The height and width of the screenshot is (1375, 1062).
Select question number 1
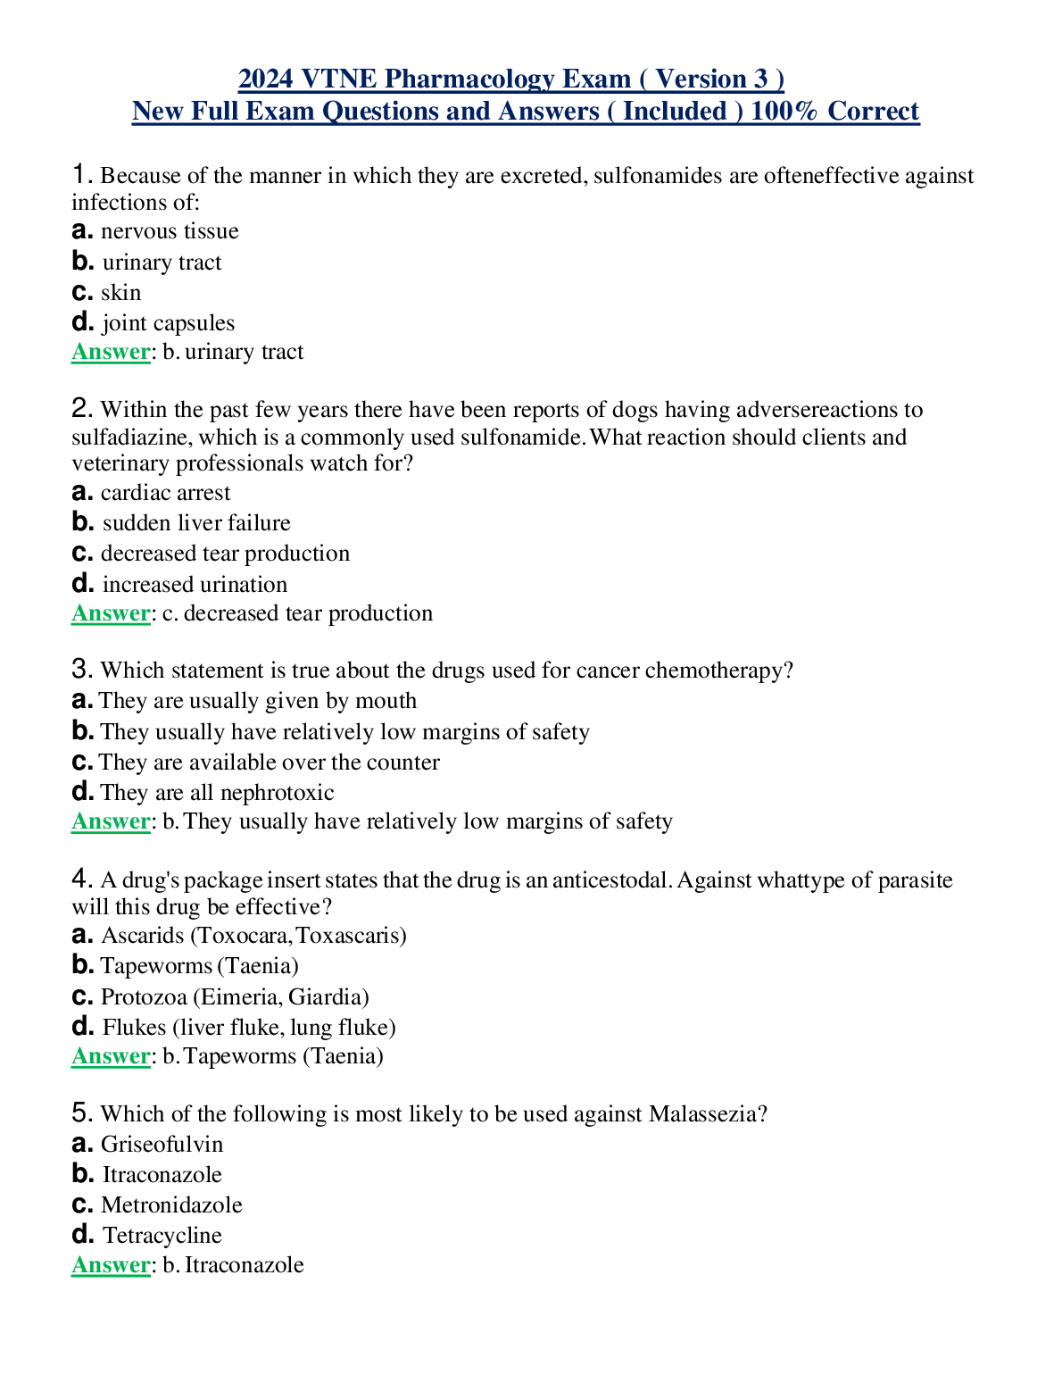[81, 174]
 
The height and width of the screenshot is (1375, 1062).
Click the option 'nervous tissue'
[170, 231]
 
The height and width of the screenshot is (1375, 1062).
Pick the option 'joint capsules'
[168, 323]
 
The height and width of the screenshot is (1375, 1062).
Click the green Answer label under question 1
[111, 352]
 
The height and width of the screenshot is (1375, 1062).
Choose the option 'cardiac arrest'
[165, 493]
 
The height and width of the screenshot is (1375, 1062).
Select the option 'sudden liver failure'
[196, 523]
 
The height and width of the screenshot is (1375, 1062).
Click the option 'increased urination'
[195, 585]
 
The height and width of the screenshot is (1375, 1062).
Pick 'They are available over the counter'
[270, 762]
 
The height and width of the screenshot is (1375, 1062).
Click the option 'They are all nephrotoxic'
[217, 793]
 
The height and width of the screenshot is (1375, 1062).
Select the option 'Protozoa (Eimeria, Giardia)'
[235, 997]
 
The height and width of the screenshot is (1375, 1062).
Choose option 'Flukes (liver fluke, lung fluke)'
[249, 1028]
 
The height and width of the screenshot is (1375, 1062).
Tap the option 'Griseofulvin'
[162, 1145]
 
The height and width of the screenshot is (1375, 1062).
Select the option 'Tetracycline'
[162, 1236]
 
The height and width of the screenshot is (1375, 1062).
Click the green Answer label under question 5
[111, 1265]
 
